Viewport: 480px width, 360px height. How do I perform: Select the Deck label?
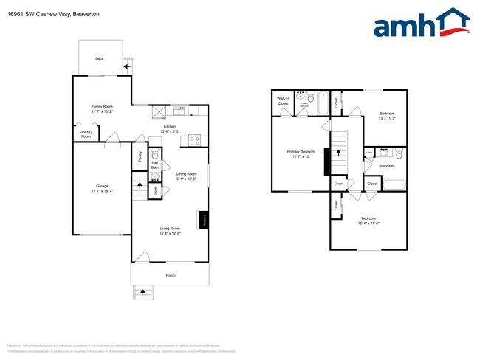[x=99, y=58]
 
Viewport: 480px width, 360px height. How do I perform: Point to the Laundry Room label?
[x=86, y=135]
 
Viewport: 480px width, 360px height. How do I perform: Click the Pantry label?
[x=140, y=156]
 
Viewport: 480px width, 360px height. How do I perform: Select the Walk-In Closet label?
[x=283, y=101]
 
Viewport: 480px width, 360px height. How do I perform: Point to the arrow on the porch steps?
[x=143, y=292]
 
